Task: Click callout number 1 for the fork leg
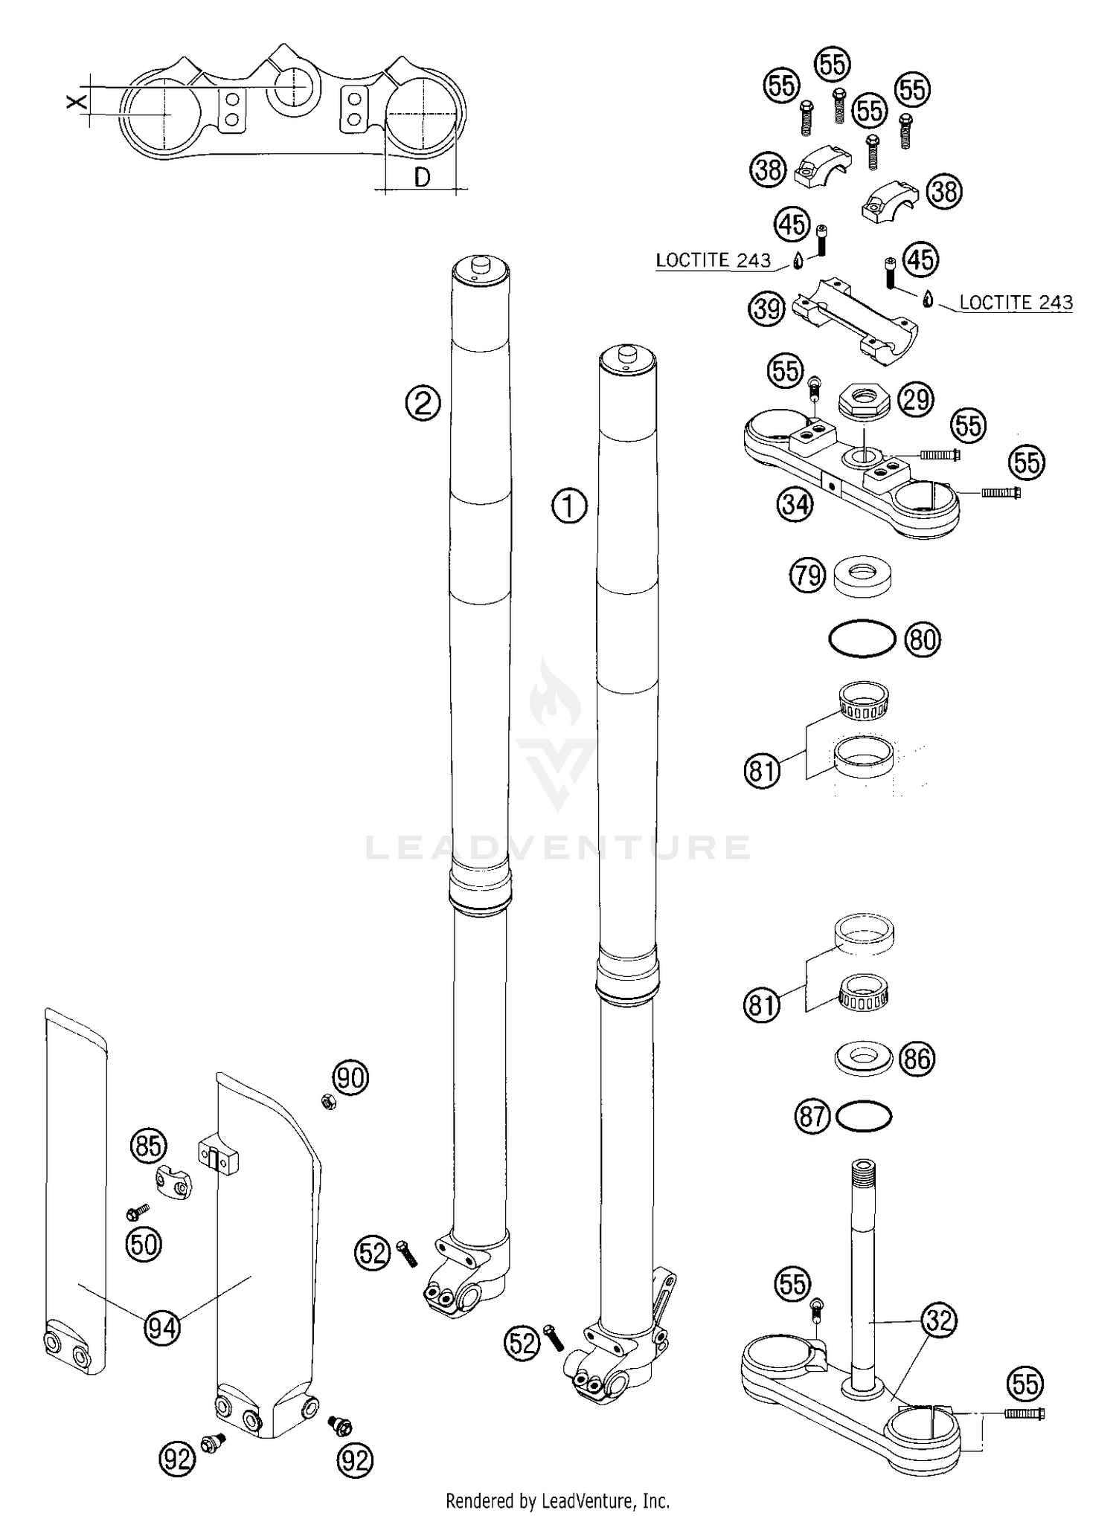[x=569, y=506]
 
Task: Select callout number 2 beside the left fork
[x=423, y=404]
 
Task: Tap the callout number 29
[x=916, y=399]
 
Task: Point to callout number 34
[x=795, y=505]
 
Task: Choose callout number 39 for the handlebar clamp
[x=767, y=308]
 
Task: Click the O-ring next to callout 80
[x=862, y=638]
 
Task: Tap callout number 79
[x=807, y=576]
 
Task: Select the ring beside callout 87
[x=863, y=1116]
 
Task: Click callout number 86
[x=917, y=1058]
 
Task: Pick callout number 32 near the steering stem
[x=939, y=1320]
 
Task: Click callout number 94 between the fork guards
[x=162, y=1326]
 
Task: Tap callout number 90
[x=350, y=1077]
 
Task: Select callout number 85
[x=149, y=1146]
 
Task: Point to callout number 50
[x=144, y=1244]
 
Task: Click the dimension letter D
[x=422, y=177]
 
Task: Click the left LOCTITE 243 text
[x=713, y=260]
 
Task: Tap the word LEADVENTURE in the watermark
[x=558, y=848]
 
